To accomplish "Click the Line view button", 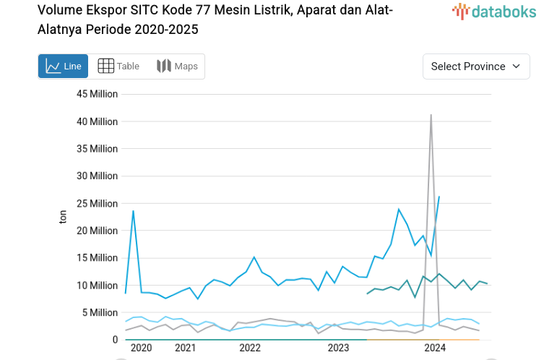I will point(63,67).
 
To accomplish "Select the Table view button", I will point(118,67).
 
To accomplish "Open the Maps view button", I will point(177,67).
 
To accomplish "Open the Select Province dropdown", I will point(475,67).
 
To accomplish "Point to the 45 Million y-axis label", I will point(97,94).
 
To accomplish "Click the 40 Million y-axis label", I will point(97,121).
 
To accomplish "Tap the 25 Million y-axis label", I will point(97,203).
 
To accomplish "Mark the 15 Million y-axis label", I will point(97,258).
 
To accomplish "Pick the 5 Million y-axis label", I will point(100,312).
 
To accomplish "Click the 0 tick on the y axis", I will point(114,340).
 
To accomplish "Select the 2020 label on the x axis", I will point(141,348).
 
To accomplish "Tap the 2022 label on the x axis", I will point(250,348).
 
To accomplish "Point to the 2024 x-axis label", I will point(435,348).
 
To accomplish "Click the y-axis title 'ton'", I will point(63,216).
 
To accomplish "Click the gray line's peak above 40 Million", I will point(431,115).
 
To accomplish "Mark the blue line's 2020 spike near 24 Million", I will point(133,211).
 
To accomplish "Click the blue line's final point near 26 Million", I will point(439,197).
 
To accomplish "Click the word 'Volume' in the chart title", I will point(61,10).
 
